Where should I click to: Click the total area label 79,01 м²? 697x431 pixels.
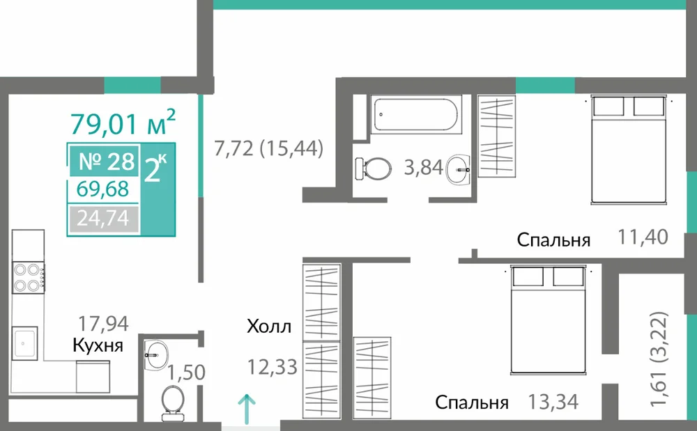tap(123, 122)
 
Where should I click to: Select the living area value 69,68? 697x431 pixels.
tap(102, 189)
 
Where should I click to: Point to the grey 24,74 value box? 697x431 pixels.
tap(104, 219)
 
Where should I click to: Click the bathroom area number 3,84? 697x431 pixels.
tap(424, 167)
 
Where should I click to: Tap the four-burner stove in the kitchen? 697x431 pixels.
tap(28, 277)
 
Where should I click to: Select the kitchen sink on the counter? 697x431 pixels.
tap(24, 343)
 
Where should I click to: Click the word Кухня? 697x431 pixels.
tap(98, 345)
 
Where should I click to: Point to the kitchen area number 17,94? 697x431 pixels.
tap(103, 324)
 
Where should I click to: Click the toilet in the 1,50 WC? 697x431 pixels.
tap(172, 403)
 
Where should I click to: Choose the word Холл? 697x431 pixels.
tap(269, 327)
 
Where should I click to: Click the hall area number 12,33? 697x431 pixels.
tap(272, 367)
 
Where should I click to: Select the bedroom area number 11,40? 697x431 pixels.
tap(643, 237)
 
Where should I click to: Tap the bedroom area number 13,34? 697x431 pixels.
tap(553, 402)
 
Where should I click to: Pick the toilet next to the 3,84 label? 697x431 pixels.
tap(374, 169)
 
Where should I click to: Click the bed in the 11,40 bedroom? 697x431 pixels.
tap(629, 150)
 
